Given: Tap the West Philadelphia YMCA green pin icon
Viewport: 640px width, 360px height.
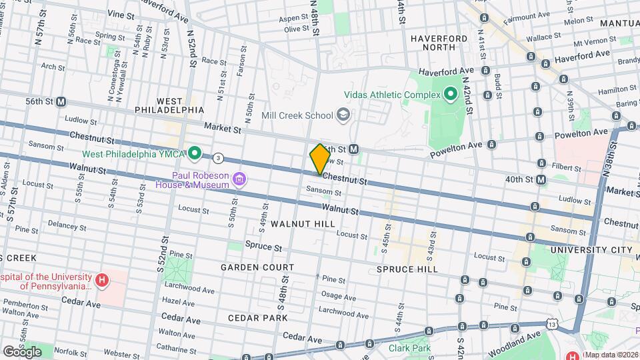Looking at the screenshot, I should (x=195, y=154).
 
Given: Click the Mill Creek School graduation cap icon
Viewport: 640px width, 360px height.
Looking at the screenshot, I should (x=343, y=115).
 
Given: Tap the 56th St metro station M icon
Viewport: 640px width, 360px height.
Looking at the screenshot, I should (x=61, y=102).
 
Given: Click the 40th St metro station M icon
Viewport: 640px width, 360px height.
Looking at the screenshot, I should (x=541, y=179).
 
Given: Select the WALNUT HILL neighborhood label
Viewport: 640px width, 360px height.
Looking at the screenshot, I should (x=302, y=224).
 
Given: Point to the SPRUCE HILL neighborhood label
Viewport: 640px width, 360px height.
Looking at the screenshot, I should (x=407, y=269).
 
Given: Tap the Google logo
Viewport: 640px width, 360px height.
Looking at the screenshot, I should (x=21, y=351).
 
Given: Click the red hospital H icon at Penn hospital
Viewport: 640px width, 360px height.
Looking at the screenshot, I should (x=101, y=280).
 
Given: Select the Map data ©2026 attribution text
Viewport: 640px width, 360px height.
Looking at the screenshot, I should (x=611, y=355).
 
